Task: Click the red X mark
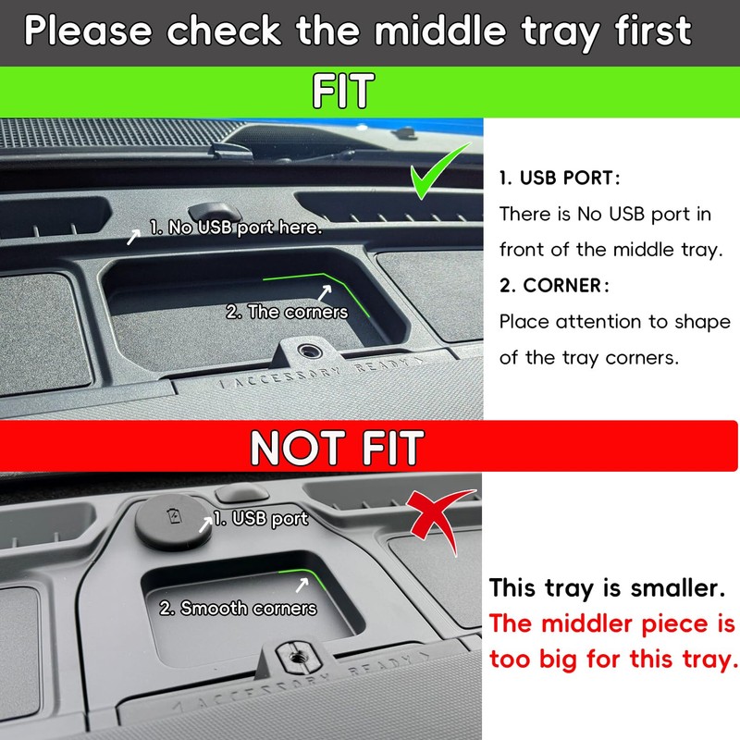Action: click(438, 519)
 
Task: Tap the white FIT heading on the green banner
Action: click(343, 91)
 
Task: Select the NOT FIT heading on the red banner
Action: click(337, 447)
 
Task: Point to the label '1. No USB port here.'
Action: click(236, 228)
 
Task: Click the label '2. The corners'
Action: click(287, 312)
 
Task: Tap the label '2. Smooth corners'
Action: click(238, 608)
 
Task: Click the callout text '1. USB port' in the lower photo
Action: click(261, 519)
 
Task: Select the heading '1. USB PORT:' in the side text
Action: click(560, 178)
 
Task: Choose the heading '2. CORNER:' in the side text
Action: click(554, 286)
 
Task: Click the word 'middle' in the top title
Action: click(440, 31)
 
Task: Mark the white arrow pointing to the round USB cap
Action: click(205, 524)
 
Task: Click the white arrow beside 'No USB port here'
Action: click(133, 237)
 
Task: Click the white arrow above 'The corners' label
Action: click(325, 292)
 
